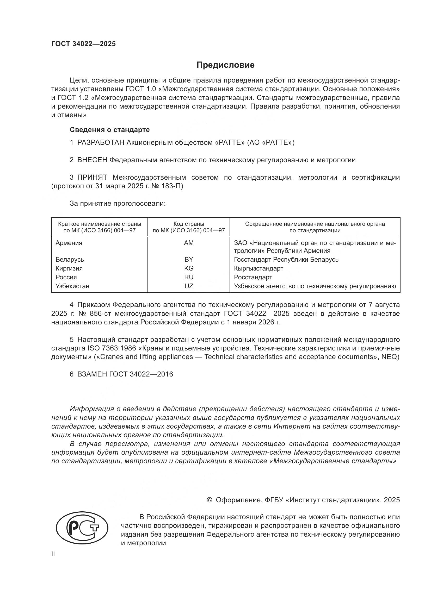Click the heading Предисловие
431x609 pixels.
(x=225, y=65)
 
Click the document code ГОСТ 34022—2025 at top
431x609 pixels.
(x=83, y=44)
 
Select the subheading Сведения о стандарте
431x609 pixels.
(x=110, y=130)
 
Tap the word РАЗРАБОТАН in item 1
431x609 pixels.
(x=101, y=143)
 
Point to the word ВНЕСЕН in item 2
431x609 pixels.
(x=92, y=160)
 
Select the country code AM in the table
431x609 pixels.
(x=189, y=243)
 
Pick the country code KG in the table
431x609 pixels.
(x=189, y=268)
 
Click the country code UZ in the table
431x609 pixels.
(x=189, y=286)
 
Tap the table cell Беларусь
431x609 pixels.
(x=70, y=259)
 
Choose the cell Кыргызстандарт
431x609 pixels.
(x=258, y=268)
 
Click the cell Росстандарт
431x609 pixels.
(x=253, y=277)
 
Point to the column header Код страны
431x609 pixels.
(x=189, y=224)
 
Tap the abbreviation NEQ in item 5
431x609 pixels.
(x=390, y=357)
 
